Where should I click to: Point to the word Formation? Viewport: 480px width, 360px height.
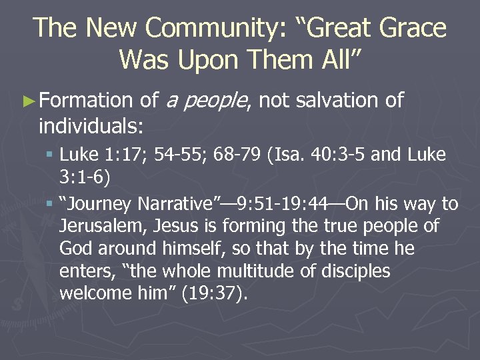click(87, 101)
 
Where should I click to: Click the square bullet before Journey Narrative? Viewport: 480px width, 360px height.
click(51, 203)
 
